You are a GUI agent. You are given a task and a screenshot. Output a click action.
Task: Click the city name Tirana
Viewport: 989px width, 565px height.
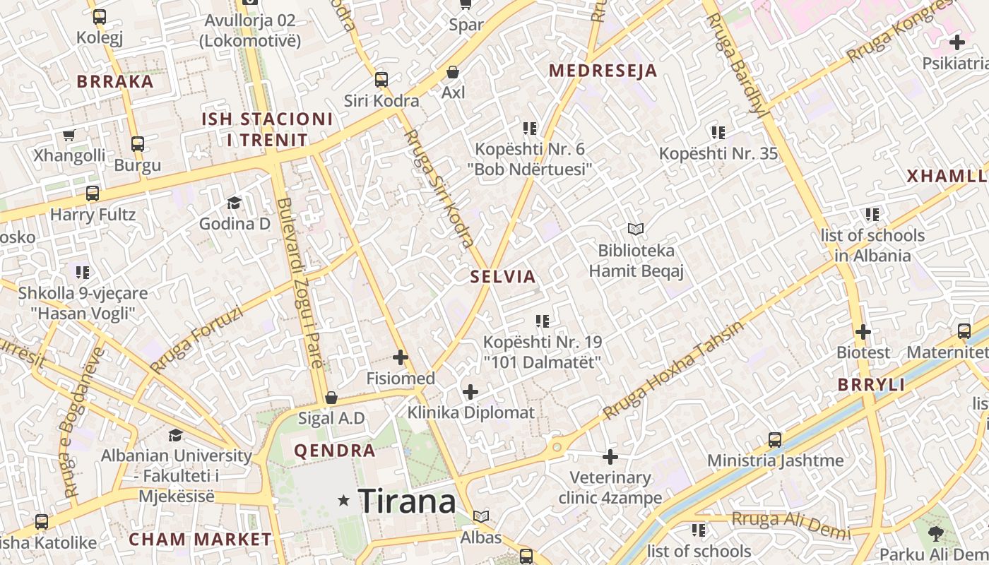click(407, 501)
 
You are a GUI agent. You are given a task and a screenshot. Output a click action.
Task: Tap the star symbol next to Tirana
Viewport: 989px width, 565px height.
click(344, 501)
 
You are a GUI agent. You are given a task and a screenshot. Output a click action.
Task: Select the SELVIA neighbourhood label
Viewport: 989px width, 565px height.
click(504, 277)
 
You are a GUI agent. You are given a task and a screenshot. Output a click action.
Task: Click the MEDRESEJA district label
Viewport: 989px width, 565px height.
click(603, 71)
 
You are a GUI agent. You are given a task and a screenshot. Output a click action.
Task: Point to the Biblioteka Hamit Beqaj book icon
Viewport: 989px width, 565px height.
click(636, 229)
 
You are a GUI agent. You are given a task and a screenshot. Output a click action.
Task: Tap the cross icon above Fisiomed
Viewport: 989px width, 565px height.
click(401, 357)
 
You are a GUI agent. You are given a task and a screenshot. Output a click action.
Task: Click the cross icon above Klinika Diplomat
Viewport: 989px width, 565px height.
click(470, 391)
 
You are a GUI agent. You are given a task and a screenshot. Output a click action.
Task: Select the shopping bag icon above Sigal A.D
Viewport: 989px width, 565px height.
click(331, 398)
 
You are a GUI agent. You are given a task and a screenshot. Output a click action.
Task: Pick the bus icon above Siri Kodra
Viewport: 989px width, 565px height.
click(381, 79)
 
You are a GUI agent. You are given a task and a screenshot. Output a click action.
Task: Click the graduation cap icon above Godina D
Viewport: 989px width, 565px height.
click(234, 203)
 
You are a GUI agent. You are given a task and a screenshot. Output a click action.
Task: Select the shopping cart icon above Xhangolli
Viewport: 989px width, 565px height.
click(69, 135)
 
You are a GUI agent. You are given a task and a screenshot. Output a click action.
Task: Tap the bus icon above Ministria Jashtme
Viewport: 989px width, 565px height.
click(775, 440)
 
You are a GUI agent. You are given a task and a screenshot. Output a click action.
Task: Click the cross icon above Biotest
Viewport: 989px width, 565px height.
click(863, 331)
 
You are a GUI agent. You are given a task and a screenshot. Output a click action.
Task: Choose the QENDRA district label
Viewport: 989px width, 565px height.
click(335, 451)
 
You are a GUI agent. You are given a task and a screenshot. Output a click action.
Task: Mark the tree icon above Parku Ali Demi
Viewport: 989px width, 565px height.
click(936, 534)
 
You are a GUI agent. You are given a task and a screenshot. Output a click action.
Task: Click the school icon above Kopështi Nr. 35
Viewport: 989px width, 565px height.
click(718, 133)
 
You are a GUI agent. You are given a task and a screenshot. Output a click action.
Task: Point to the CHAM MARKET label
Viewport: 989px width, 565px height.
click(200, 540)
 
